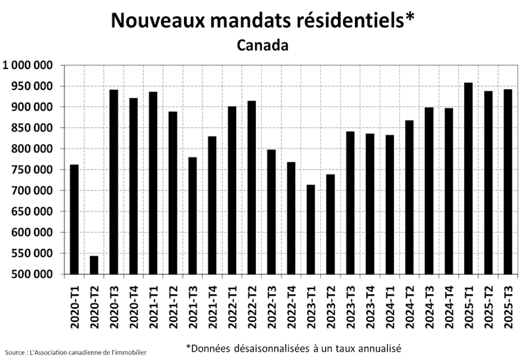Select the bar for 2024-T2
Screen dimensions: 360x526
pos(409,197)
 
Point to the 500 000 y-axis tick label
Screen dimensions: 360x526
pos(32,275)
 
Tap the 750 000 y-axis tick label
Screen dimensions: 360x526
pos(32,169)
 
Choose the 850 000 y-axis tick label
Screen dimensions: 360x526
pos(32,128)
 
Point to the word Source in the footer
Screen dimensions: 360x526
pos(14,353)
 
